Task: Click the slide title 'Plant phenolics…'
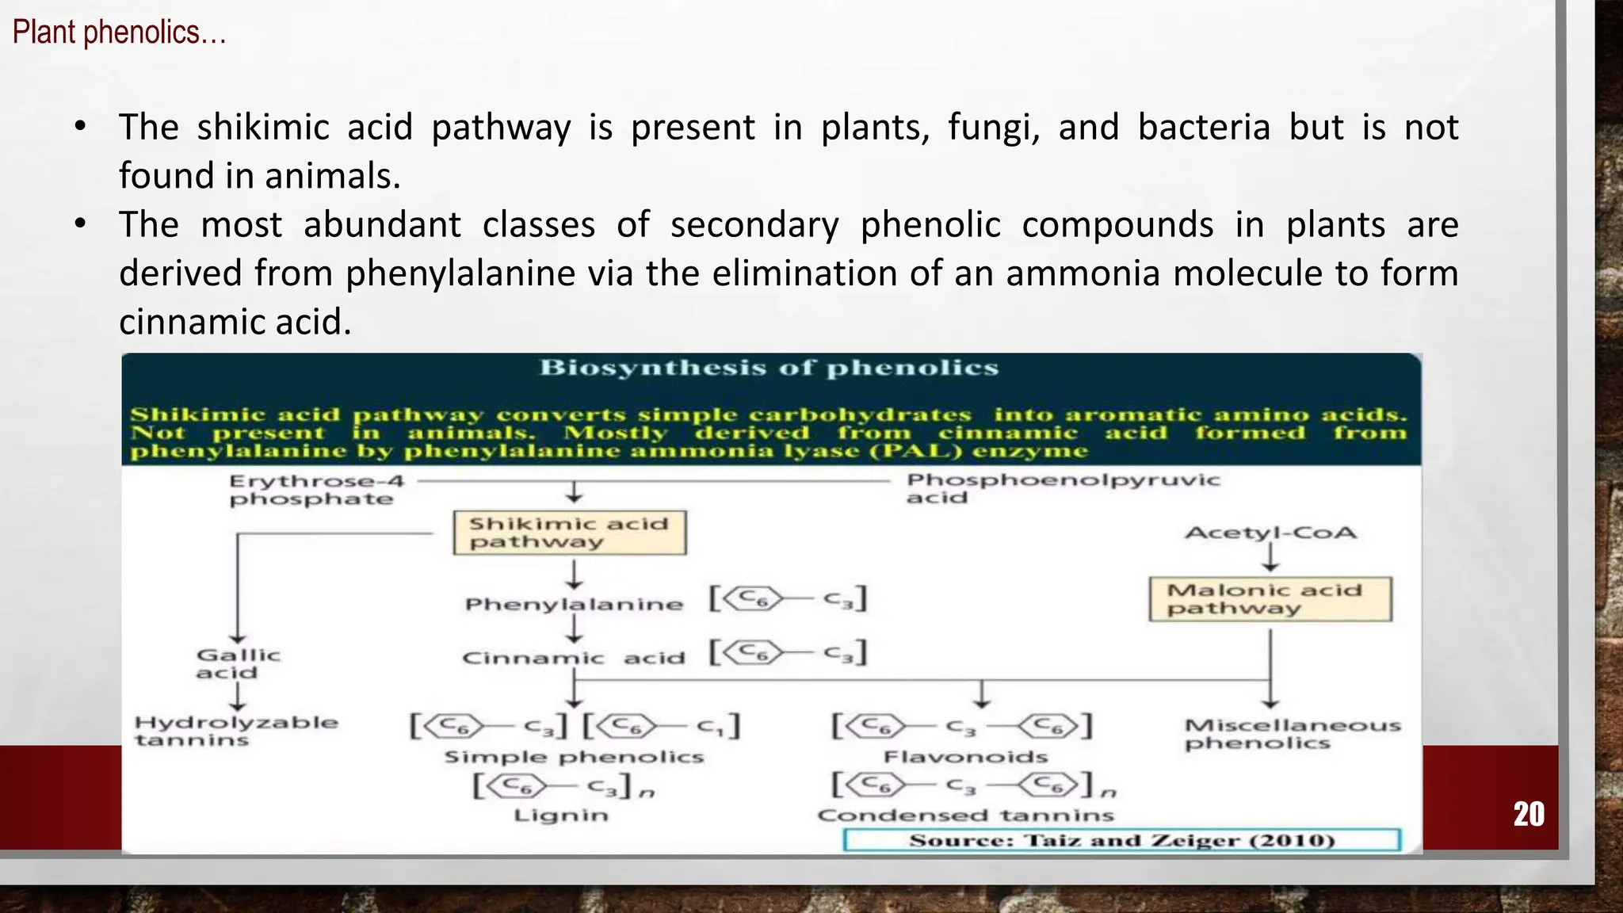click(119, 32)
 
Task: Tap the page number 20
click(1529, 814)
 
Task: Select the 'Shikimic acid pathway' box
click(570, 533)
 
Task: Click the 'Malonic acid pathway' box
click(1270, 599)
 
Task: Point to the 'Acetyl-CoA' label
click(1270, 533)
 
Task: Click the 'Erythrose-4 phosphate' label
click(316, 490)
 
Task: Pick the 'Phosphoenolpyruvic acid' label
click(1063, 488)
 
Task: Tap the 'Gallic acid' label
click(238, 663)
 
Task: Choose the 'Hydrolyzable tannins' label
click(235, 731)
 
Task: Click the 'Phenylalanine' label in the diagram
click(574, 604)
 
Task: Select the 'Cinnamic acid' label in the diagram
click(573, 658)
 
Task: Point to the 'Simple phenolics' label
click(574, 757)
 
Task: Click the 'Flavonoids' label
click(965, 757)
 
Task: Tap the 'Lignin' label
click(561, 815)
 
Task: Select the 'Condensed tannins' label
click(965, 815)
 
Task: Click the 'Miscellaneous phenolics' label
click(1293, 734)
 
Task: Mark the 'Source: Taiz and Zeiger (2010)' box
click(1122, 840)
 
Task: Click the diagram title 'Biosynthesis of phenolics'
click(769, 368)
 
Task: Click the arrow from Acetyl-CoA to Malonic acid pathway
click(1270, 558)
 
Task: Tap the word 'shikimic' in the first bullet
click(263, 127)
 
